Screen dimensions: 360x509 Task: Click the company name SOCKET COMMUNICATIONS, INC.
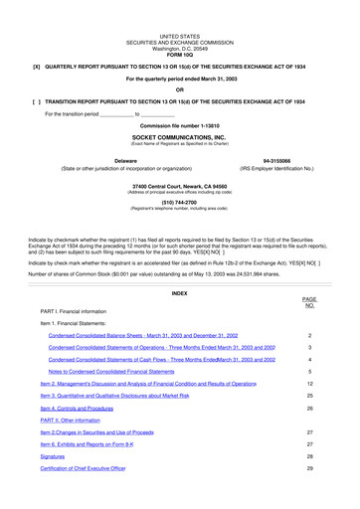179,137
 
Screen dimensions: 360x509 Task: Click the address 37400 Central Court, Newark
179,186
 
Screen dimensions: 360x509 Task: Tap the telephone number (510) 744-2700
179,203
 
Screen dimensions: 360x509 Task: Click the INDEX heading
179,265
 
